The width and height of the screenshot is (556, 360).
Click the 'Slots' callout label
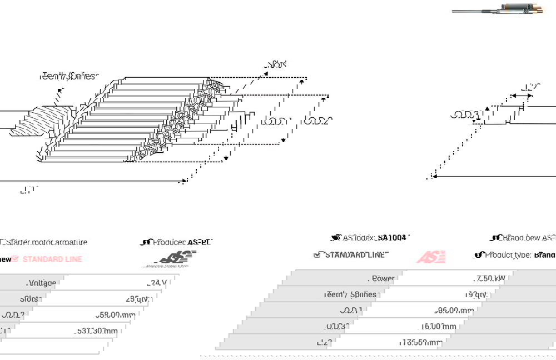[x=276, y=64]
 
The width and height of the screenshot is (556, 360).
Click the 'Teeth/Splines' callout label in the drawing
[x=68, y=76]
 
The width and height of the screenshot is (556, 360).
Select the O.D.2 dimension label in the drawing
[x=319, y=121]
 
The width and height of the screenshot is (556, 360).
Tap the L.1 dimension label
[x=27, y=190]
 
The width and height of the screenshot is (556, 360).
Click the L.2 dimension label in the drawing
[x=531, y=87]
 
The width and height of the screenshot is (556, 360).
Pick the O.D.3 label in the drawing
[x=465, y=116]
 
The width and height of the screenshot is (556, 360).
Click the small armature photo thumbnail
[x=498, y=9]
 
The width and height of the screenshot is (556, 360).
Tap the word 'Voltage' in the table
[x=42, y=283]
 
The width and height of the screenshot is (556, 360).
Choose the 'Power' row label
[x=383, y=278]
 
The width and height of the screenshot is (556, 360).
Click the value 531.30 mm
[x=97, y=331]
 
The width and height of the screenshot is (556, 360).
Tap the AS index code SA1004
[x=392, y=238]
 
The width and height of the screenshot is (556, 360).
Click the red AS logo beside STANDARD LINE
[x=431, y=257]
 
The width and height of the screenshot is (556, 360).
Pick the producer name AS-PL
[x=200, y=242]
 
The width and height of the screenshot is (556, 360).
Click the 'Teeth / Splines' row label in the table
[x=350, y=294]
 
